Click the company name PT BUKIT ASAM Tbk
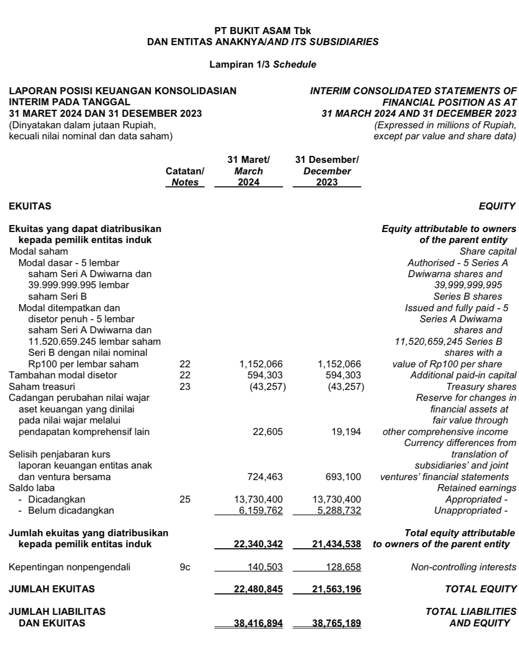[262, 31]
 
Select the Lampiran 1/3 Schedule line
[262, 64]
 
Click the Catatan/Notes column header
[185, 176]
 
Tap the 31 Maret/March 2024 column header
[248, 171]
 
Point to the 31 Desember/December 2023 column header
[327, 171]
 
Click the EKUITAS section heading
[30, 206]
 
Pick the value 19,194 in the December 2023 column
[346, 431]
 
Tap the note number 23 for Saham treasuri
[185, 386]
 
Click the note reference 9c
[185, 567]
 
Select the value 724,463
[265, 477]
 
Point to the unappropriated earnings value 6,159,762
[258, 510]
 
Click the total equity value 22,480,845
[258, 589]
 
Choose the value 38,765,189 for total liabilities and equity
[336, 623]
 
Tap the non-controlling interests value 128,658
[340, 567]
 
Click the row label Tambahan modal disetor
[63, 375]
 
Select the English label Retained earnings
[476, 488]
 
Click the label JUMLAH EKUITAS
[52, 589]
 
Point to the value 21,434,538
[336, 544]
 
